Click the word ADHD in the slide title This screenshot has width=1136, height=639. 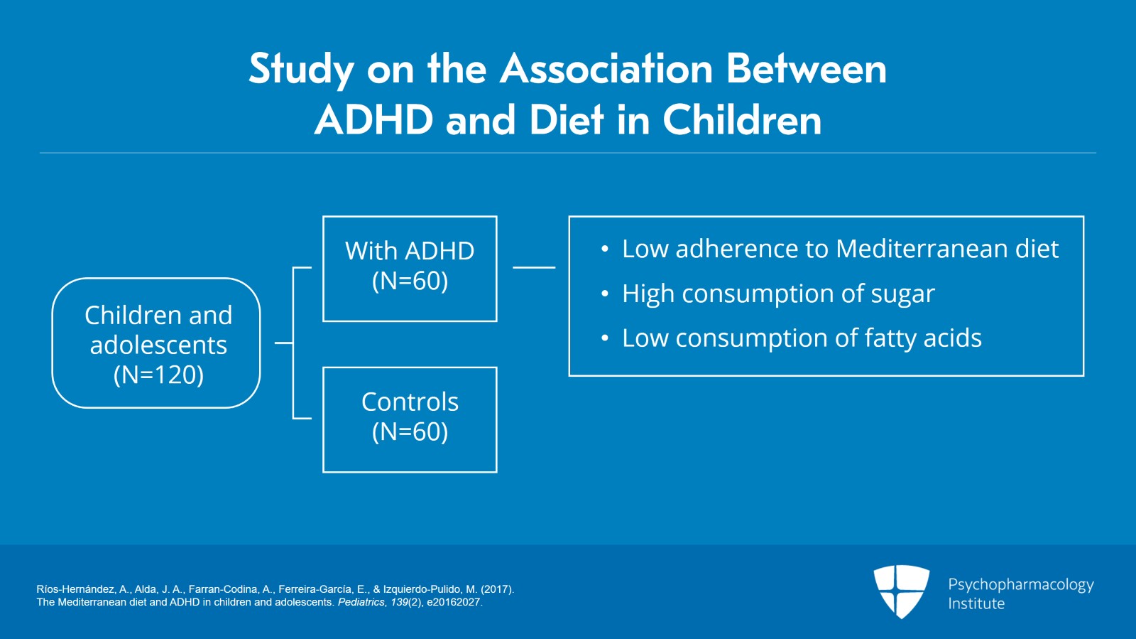(x=373, y=120)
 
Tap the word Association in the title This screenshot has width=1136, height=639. (x=606, y=69)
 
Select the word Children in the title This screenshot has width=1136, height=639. (x=742, y=120)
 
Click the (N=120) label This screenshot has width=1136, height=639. (x=159, y=375)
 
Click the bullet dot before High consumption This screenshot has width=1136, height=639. (x=604, y=294)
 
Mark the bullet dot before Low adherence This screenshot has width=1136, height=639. (x=604, y=249)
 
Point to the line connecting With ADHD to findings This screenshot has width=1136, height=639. (x=534, y=267)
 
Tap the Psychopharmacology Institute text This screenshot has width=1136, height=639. (x=1021, y=594)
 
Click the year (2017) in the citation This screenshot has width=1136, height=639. (x=498, y=589)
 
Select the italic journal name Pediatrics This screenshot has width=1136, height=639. (x=361, y=603)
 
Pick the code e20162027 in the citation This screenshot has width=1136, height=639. (x=454, y=603)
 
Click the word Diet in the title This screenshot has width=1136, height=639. (x=567, y=120)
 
